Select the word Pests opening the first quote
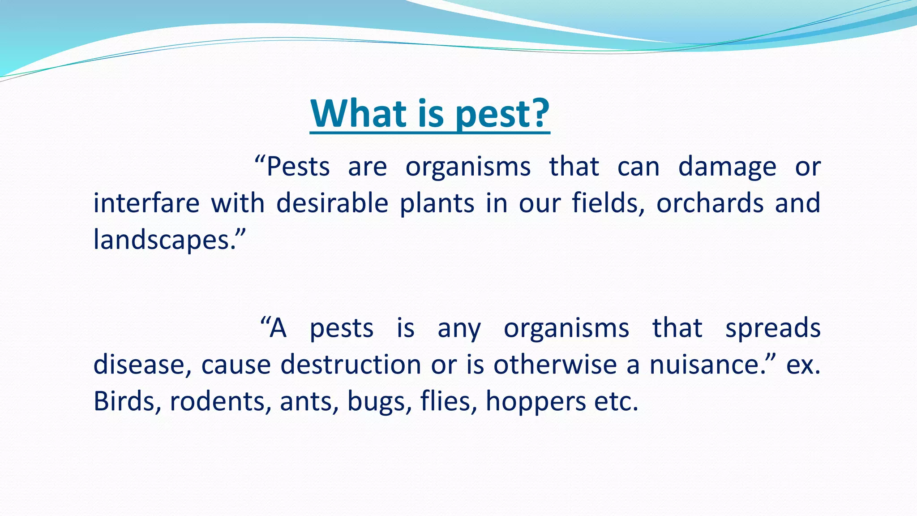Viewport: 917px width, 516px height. pyautogui.click(x=298, y=167)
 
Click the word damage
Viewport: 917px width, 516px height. pyautogui.click(x=727, y=168)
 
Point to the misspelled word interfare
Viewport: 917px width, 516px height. pyautogui.click(x=146, y=203)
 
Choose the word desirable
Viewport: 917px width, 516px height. pyautogui.click(x=332, y=203)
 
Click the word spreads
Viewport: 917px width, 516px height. pyautogui.click(x=773, y=328)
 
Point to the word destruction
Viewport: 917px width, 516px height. pyautogui.click(x=351, y=364)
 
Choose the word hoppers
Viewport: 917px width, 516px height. pyautogui.click(x=536, y=401)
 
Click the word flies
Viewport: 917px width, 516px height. pyautogui.click(x=448, y=400)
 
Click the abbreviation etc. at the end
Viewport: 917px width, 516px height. pyautogui.click(x=616, y=401)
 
